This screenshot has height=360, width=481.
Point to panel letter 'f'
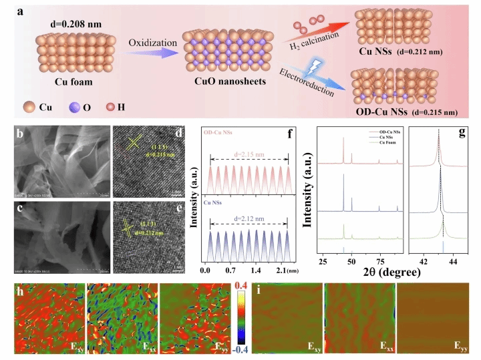pos(291,133)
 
